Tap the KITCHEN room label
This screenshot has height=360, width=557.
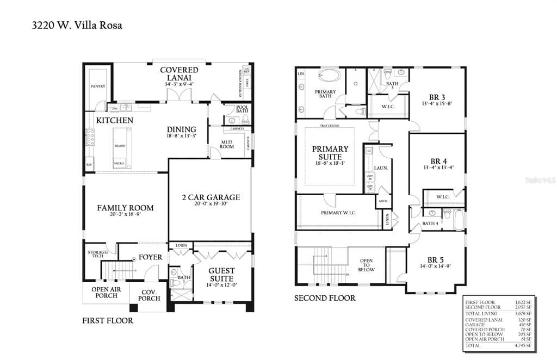tap(115, 120)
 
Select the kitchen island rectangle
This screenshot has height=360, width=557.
tap(120, 147)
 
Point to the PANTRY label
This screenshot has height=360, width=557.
tap(98, 86)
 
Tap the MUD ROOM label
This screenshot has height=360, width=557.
tap(227, 145)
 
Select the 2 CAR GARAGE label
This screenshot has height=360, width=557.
tap(211, 197)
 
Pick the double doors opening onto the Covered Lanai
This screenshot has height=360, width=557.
tap(179, 95)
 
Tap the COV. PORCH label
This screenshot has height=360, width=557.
tap(149, 295)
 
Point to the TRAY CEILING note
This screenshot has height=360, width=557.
tap(330, 126)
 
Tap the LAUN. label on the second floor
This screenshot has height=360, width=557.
tap(381, 168)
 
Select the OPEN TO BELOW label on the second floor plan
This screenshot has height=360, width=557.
tap(367, 265)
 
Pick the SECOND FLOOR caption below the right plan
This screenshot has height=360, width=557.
tap(325, 298)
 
